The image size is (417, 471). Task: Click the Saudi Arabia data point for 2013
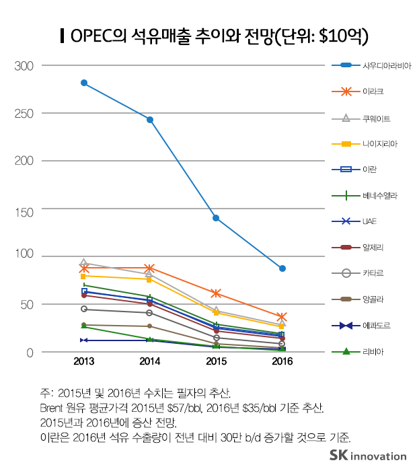click(84, 83)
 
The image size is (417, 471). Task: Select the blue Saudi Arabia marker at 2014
click(150, 120)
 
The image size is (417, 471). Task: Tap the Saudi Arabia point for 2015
click(216, 218)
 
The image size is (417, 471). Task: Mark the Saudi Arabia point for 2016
click(282, 268)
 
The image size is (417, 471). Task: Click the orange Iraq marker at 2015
click(216, 293)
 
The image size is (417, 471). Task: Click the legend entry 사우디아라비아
click(386, 66)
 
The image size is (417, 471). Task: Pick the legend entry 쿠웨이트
click(376, 118)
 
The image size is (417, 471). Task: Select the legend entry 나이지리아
click(378, 143)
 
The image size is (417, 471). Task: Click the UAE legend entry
click(369, 221)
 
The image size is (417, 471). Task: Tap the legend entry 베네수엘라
click(378, 195)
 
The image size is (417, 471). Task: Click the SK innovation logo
click(368, 456)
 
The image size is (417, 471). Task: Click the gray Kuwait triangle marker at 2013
click(84, 262)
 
